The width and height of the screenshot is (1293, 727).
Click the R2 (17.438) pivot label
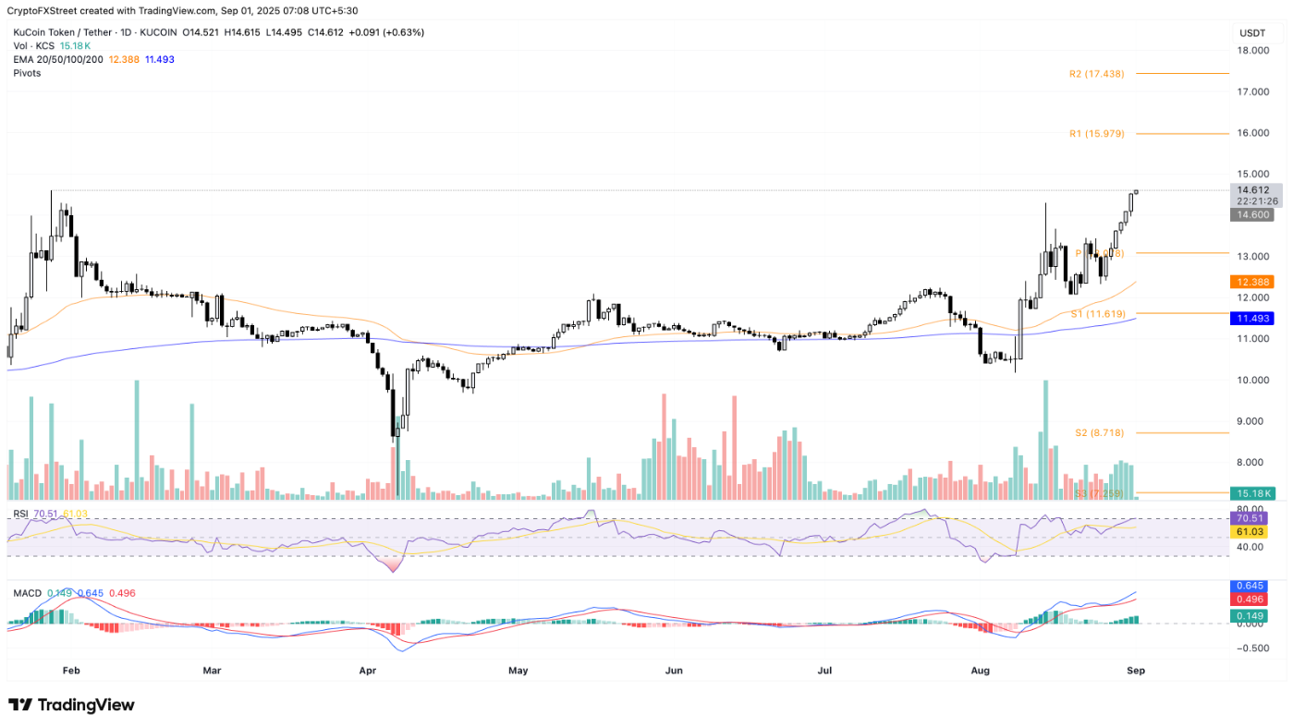(1098, 74)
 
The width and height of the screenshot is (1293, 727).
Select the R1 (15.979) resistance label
(1098, 134)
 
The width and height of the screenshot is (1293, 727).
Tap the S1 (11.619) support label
(1098, 314)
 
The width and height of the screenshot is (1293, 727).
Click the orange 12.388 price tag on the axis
(1251, 282)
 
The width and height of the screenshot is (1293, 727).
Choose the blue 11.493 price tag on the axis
(1251, 318)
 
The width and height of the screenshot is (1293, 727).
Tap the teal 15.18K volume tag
(1251, 493)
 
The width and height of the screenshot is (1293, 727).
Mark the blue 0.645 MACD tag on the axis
(1251, 587)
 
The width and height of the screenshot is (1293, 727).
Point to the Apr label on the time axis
(367, 670)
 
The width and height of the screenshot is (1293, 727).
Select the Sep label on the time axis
(1136, 670)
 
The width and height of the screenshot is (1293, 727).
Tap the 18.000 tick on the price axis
(1252, 51)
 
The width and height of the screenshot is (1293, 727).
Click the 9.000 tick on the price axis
(1252, 421)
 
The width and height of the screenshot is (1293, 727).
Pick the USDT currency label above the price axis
(1252, 33)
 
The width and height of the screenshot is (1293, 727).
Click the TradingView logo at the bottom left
(72, 705)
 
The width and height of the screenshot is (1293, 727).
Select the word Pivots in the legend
(27, 72)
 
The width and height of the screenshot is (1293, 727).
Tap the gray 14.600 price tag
(1251, 214)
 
